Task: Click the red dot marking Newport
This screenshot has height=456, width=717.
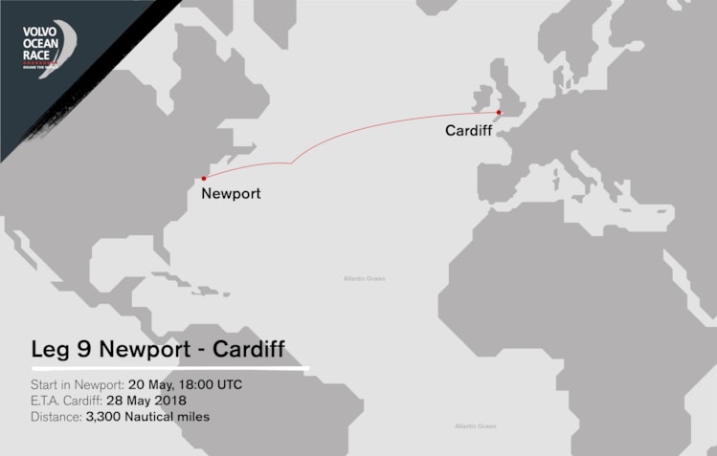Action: (204, 178)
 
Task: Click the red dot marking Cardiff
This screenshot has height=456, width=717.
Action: (499, 112)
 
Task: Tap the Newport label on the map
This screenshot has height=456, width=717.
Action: (231, 194)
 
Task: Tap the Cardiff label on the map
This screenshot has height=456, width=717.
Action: (469, 131)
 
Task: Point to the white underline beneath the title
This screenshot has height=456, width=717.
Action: (170, 367)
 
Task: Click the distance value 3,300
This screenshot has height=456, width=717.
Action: (106, 417)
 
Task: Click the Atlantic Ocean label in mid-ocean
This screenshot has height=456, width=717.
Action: (364, 278)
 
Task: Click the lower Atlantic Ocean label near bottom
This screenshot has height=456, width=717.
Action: (476, 425)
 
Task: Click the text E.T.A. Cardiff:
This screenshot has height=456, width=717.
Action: (68, 401)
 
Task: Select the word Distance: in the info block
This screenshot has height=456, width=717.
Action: (56, 417)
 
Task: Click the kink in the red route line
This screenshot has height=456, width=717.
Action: (291, 163)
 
